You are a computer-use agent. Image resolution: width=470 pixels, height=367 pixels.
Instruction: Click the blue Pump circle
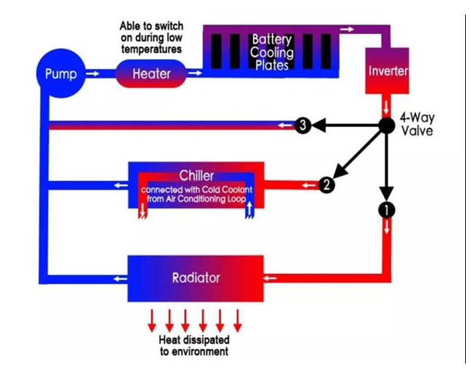[x=60, y=72]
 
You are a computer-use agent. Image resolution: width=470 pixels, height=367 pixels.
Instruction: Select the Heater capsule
[x=150, y=73]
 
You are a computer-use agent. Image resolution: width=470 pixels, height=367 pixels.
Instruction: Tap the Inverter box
[x=388, y=72]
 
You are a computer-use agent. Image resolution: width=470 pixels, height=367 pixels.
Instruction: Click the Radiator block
[x=195, y=278]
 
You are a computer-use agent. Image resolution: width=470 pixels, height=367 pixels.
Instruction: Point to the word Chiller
[x=196, y=176]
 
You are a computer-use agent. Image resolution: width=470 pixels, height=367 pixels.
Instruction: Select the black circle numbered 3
[x=303, y=126]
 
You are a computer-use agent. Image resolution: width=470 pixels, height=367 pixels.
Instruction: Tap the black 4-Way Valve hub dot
[x=387, y=126]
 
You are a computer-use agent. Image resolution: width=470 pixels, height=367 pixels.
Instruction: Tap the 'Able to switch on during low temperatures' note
[x=150, y=37]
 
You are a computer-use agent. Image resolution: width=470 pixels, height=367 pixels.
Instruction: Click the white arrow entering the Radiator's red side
[x=272, y=279]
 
